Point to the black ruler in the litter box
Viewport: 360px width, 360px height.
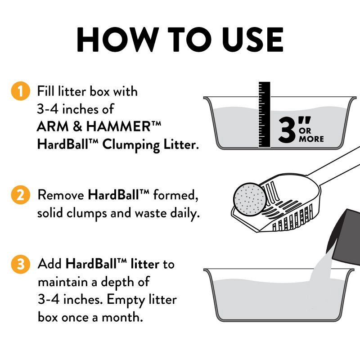(x=265, y=115)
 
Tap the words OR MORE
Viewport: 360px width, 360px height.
(x=311, y=135)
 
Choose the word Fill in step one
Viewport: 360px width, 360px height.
(x=46, y=92)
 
